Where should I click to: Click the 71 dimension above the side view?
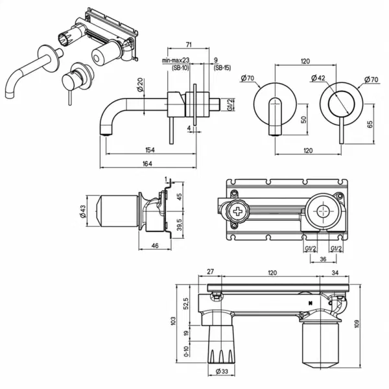(x=189, y=45)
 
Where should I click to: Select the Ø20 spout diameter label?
(x=141, y=85)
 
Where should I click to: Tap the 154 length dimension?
(x=150, y=150)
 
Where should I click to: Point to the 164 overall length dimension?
(x=147, y=163)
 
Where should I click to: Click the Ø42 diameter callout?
(x=318, y=78)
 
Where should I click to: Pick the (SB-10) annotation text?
(x=180, y=67)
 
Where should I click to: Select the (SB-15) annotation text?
(x=222, y=67)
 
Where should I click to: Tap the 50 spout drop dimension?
(x=303, y=119)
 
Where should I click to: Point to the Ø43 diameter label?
(x=83, y=211)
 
